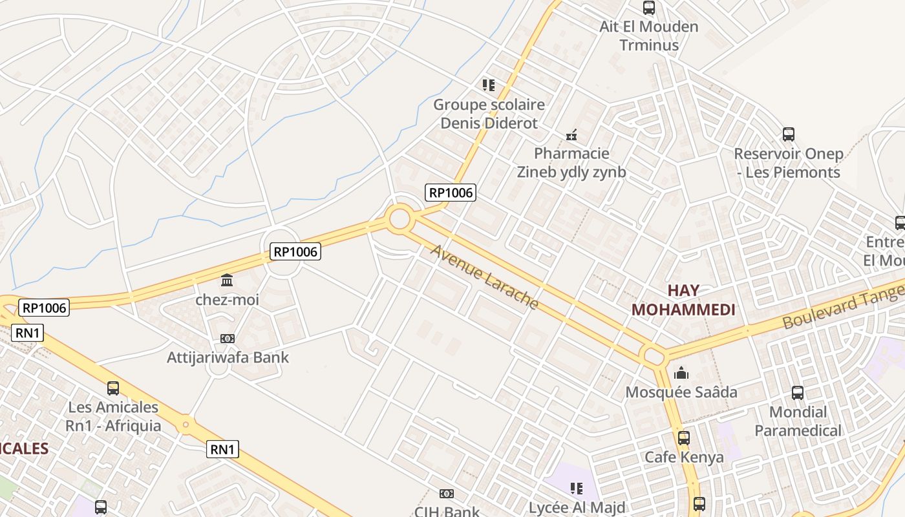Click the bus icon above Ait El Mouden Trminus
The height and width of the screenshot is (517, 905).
pos(649,8)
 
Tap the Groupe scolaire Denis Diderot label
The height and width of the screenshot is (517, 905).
pos(489,114)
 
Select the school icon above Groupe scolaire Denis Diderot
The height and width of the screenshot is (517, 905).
pos(489,85)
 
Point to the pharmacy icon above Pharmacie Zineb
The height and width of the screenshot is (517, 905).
pos(571,135)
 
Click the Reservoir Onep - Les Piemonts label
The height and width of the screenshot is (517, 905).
pos(789,163)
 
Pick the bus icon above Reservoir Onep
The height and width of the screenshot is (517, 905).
pos(789,134)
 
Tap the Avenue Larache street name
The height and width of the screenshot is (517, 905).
pos(484,277)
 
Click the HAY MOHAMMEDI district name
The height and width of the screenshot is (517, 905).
pos(683,300)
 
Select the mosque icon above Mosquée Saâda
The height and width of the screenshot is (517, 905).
pos(681,373)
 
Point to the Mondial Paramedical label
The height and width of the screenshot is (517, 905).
pos(798,421)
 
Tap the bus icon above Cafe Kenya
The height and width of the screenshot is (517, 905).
pos(684,438)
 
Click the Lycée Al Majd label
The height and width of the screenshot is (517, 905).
pos(577,508)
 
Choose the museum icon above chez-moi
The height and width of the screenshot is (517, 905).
pos(227,280)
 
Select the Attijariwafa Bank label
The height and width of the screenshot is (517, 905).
pos(228,357)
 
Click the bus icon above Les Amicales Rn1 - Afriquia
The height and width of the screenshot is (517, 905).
pos(113,388)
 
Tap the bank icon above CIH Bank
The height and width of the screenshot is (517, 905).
pos(446,494)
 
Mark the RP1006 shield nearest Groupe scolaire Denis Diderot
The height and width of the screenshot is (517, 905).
pos(451,192)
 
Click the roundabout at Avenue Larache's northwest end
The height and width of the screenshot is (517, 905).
pos(399,219)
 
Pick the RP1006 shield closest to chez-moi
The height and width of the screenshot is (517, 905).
pos(295,252)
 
